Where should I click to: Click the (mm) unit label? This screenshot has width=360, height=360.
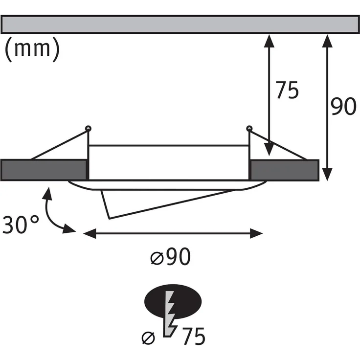tap(32, 49)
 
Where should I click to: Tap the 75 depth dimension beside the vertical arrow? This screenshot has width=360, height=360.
tap(287, 90)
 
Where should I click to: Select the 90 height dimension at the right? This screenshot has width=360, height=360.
tap(343, 107)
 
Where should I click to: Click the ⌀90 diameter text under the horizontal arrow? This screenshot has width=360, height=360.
tap(170, 256)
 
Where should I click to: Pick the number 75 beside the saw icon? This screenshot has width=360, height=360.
tap(192, 337)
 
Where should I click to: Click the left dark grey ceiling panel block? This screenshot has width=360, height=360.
tap(44, 170)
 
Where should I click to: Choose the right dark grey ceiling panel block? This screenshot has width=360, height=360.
tap(284, 170)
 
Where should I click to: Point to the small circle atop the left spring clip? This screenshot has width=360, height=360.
tap(88, 129)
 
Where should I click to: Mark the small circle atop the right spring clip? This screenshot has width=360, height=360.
tap(249, 129)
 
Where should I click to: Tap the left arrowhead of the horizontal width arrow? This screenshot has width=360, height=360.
tap(88, 234)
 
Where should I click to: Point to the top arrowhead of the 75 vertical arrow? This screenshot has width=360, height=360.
tap(269, 40)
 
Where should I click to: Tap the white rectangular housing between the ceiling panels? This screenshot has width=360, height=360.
tap(169, 162)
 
